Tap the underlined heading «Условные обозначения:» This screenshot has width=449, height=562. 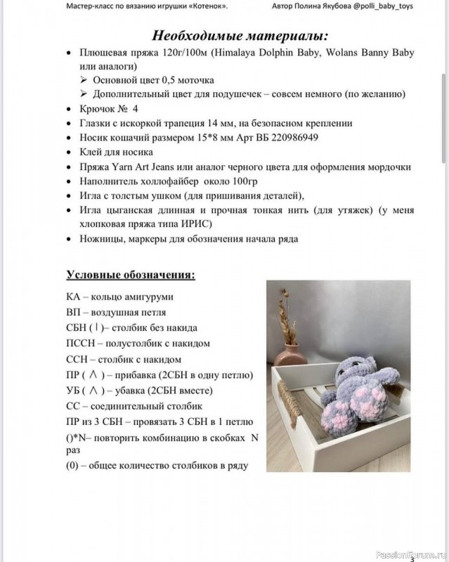point(131,274)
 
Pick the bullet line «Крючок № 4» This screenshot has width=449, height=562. point(109,109)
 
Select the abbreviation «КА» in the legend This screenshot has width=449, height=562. point(73,297)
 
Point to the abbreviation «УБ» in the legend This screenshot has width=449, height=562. point(73,390)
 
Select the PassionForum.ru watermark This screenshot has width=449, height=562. point(407,553)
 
